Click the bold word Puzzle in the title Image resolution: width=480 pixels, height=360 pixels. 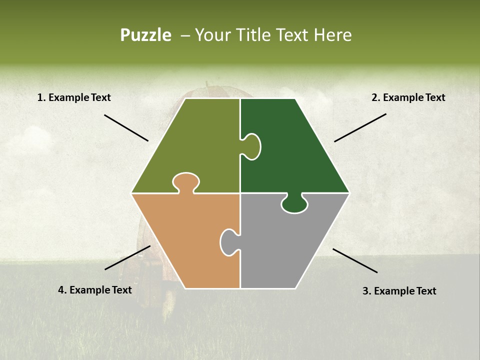click(x=145, y=35)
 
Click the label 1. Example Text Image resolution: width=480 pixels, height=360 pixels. click(x=74, y=98)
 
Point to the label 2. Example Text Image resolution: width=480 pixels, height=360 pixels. click(x=408, y=98)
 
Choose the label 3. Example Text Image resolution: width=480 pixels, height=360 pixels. click(x=399, y=291)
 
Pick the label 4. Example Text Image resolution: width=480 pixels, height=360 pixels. click(x=95, y=290)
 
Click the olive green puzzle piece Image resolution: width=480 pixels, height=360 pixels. click(x=195, y=145)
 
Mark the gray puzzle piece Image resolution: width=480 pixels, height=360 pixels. click(x=285, y=245)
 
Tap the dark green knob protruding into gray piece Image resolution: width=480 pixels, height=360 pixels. click(x=294, y=203)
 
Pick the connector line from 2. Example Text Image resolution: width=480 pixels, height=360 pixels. click(x=360, y=127)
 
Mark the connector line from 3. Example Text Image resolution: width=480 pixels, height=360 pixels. click(x=355, y=260)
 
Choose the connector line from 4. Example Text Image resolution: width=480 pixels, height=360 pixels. click(x=127, y=257)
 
